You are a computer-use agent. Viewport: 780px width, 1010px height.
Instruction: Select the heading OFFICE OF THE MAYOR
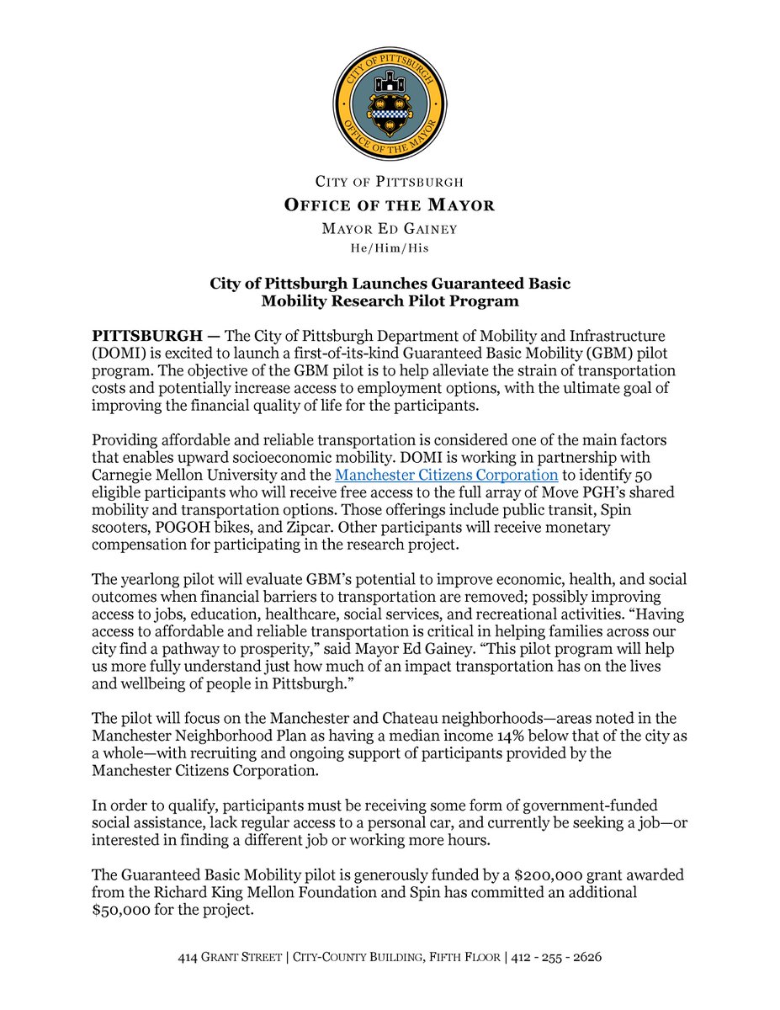[390, 205]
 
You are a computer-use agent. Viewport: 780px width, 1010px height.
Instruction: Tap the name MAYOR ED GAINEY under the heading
[390, 230]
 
